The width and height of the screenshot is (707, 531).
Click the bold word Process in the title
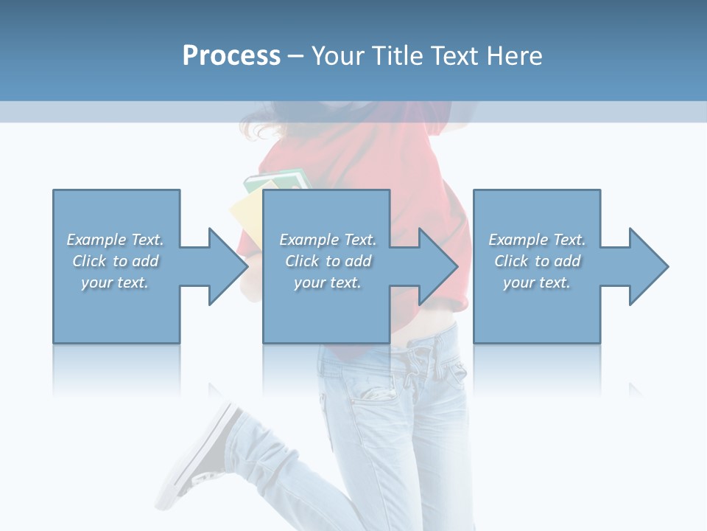coord(231,56)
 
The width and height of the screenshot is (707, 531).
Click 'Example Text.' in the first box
coord(115,240)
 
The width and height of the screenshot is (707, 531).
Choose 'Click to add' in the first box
coord(115,261)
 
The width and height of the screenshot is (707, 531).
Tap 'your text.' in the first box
coord(115,282)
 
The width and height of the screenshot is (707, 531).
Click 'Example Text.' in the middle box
coord(328,240)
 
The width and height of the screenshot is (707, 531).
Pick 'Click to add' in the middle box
coord(328,261)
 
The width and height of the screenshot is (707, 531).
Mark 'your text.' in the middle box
coord(328,282)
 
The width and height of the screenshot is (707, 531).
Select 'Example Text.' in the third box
coord(537,240)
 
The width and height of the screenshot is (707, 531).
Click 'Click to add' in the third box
coord(537,261)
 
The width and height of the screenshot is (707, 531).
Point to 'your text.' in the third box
coord(537,282)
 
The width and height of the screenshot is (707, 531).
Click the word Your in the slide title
coord(338,56)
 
